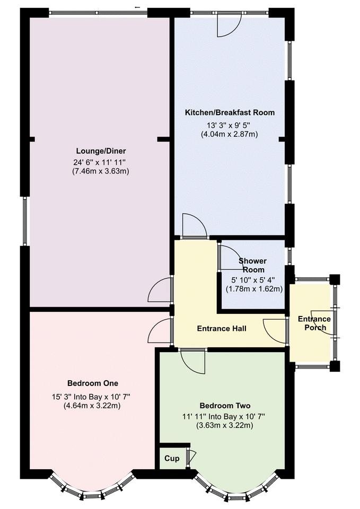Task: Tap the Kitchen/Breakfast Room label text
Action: point(230,112)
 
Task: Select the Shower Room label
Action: point(252,265)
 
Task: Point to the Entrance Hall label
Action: point(222,329)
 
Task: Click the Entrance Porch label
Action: point(314,323)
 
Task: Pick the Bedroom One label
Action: point(92,383)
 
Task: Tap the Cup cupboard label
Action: point(172,459)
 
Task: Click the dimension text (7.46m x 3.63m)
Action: point(101,171)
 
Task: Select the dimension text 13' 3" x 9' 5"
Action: point(230,126)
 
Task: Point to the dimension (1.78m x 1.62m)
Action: point(254,289)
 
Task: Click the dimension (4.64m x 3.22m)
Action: point(93,406)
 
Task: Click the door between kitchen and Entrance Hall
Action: point(194,226)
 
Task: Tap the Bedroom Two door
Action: point(193,363)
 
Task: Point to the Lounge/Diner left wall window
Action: point(24,221)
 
